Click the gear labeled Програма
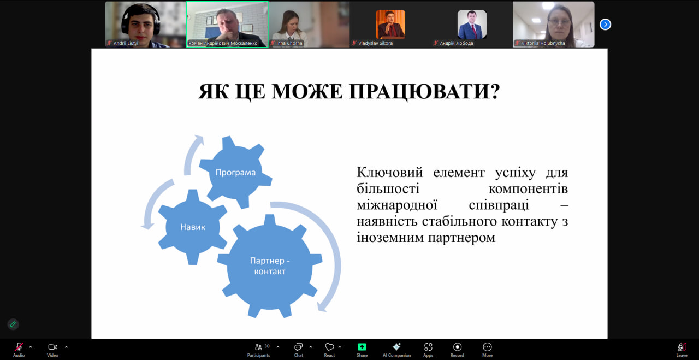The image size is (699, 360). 235,172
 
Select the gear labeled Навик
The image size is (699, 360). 193,227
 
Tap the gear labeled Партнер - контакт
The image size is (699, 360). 270,266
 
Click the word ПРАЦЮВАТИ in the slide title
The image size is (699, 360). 424,92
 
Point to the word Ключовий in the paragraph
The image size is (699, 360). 390,172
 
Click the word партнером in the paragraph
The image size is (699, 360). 461,238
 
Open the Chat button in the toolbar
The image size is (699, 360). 299,350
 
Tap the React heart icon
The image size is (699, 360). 329,350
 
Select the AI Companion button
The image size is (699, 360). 396,350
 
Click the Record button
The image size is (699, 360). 457,350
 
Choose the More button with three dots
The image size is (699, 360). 487,350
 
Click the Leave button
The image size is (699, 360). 682,350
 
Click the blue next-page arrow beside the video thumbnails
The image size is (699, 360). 606,25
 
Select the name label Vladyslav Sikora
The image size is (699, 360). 375,43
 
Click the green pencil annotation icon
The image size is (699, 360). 13,324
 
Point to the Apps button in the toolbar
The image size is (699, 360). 428,350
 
